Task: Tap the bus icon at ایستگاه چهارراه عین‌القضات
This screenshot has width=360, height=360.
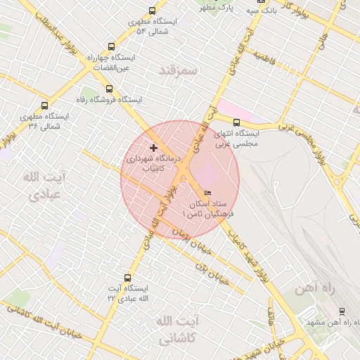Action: point(111,47)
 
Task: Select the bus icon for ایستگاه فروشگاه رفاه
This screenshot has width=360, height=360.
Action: point(108,89)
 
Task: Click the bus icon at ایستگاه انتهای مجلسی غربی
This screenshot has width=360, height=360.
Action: point(236,122)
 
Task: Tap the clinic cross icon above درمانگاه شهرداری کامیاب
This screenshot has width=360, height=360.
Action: point(153,148)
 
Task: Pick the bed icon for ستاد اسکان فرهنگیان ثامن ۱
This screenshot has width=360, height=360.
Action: point(207,192)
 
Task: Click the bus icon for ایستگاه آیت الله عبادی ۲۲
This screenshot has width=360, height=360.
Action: point(127,278)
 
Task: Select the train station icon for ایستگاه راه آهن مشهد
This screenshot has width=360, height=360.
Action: point(342,311)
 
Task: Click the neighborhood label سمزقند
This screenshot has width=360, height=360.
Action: point(179,71)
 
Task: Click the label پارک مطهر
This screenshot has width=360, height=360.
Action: point(217,8)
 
